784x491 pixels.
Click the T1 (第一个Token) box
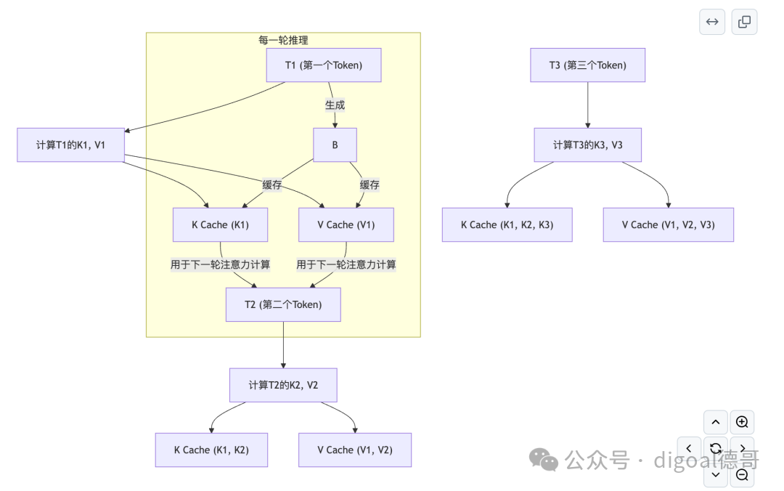pos(324,65)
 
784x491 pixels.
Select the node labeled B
pos(335,145)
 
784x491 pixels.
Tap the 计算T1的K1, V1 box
pos(70,145)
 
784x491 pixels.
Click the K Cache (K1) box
pos(220,225)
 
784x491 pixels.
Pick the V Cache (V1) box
pos(346,225)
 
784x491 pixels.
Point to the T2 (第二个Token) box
pos(282,305)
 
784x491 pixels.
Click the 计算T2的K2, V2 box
pos(283,385)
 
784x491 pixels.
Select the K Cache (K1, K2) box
pos(211,450)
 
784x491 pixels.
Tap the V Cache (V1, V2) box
pos(355,450)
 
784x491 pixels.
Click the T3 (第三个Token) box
pos(587,65)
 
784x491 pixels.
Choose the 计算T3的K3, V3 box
pos(587,145)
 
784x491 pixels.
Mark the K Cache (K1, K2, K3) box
pos(507,225)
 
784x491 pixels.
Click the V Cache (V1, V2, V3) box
pos(668,225)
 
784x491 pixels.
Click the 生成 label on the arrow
pos(335,105)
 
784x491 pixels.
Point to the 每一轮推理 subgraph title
pos(283,40)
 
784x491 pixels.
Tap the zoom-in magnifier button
pos(742,422)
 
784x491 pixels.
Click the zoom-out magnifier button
pos(742,474)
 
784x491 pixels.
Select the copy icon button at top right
pos(744,22)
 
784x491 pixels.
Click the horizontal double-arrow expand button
pos(712,22)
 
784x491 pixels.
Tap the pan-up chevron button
pos(716,422)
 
